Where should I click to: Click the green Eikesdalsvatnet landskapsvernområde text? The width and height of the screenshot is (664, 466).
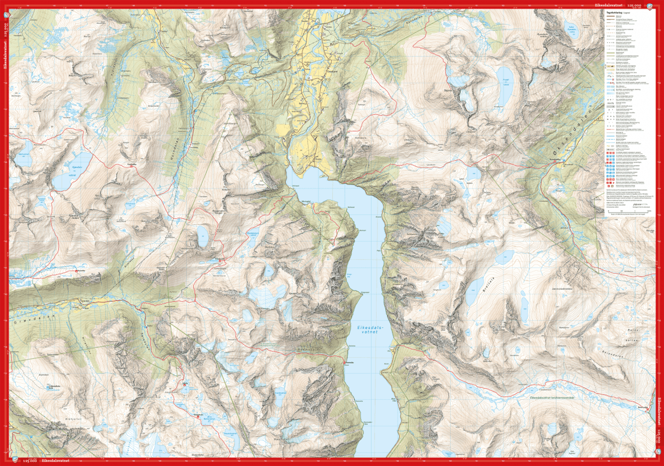[553, 397]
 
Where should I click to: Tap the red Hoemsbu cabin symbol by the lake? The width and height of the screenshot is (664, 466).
[345, 363]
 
